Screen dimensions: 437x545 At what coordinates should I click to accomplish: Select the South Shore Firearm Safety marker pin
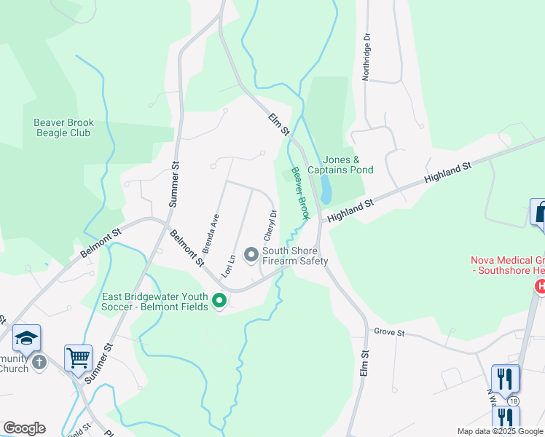[x=251, y=254]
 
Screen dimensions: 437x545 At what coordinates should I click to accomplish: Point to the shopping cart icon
[x=78, y=357]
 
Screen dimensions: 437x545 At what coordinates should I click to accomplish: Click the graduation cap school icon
[x=26, y=337]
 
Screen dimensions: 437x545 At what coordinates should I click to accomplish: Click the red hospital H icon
[x=540, y=287]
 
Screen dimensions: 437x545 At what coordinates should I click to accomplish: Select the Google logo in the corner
[x=24, y=428]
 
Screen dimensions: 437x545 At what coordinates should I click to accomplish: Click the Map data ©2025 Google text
[x=500, y=431]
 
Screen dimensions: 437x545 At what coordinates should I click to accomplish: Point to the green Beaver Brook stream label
[x=301, y=194]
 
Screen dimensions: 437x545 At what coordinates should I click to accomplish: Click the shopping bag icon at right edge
[x=538, y=213]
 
